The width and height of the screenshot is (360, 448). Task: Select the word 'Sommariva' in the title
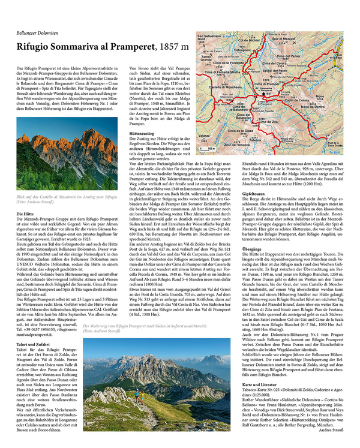click(80, 47)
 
